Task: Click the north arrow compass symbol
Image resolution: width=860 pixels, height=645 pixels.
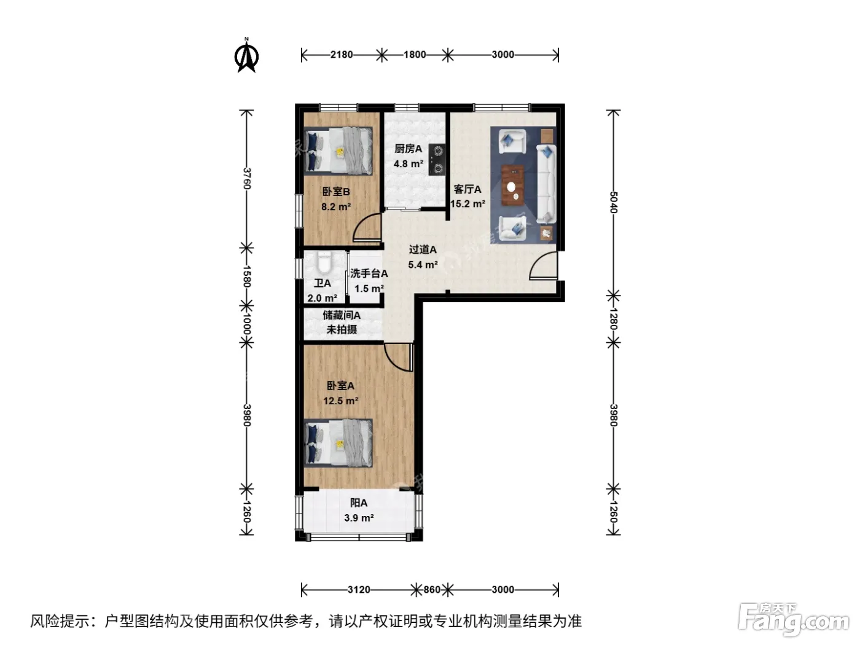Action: [246, 56]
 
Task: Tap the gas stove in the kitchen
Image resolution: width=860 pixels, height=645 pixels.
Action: [437, 159]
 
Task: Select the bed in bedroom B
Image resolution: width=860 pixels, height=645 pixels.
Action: [338, 150]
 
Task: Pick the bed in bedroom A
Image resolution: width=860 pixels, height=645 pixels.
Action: [338, 443]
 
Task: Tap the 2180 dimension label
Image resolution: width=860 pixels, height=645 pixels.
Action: [342, 55]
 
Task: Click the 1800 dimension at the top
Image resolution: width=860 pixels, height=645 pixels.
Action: [415, 55]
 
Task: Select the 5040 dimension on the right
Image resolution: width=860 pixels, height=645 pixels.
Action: [614, 202]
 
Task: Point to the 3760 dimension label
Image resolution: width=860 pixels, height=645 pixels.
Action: [246, 179]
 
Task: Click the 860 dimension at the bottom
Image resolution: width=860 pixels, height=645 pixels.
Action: [432, 590]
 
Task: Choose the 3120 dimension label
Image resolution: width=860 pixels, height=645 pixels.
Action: [359, 590]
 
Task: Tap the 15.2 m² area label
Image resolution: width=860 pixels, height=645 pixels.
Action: [468, 204]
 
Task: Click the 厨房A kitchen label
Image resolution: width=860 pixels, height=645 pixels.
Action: [408, 149]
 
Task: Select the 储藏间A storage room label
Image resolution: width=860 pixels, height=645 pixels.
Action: [342, 315]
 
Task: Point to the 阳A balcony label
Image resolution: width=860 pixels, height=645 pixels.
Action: [359, 503]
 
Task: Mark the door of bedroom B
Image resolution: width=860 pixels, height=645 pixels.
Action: [367, 227]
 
